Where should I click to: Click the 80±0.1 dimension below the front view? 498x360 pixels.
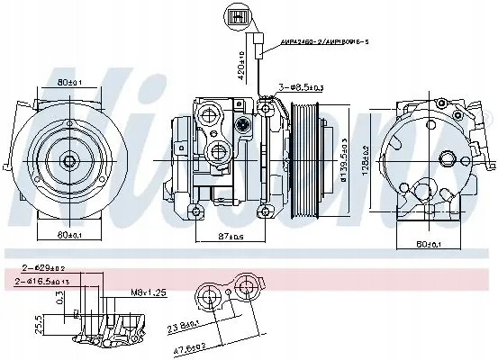[x=69, y=236]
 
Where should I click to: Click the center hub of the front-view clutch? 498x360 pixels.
[x=70, y=160]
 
